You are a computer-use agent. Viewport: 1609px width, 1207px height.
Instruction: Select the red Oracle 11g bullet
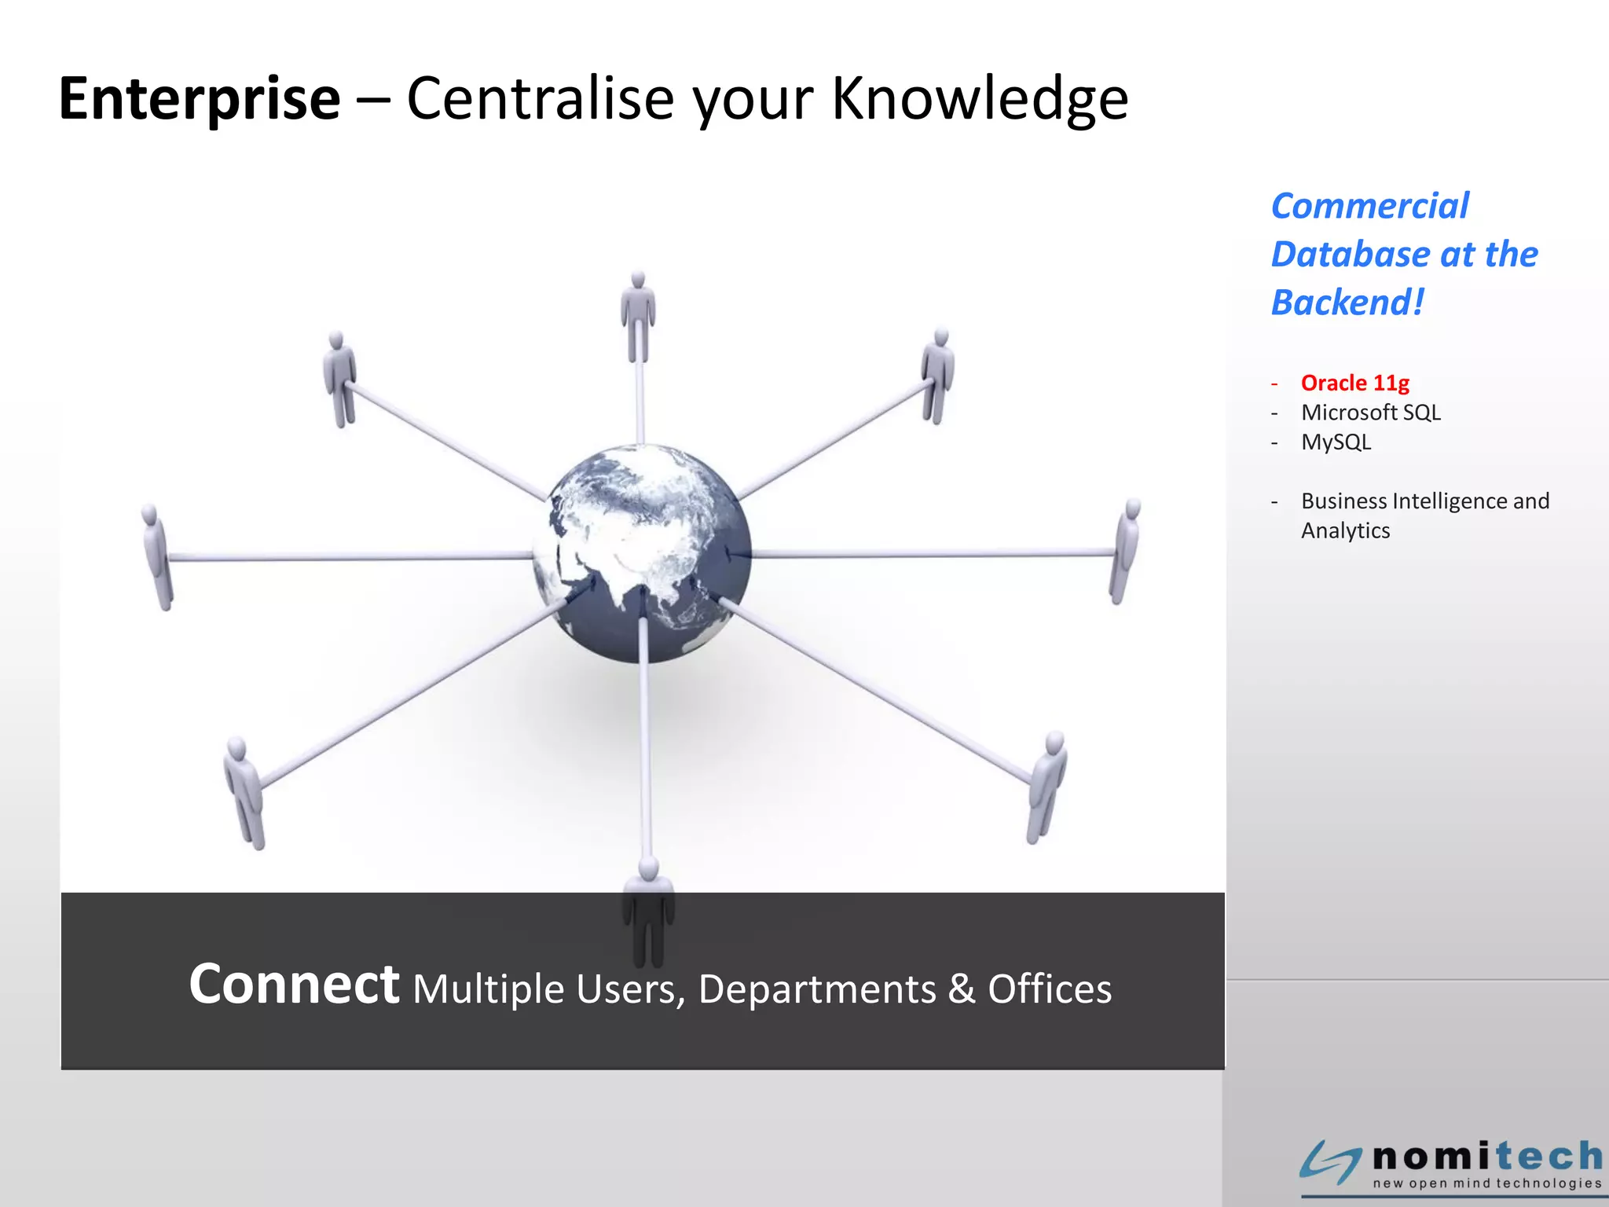[1354, 383]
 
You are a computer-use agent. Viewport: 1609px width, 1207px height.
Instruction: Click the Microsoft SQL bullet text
[1370, 413]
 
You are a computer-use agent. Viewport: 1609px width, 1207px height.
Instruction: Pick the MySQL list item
[1336, 442]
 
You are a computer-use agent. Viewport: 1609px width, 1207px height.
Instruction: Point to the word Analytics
[1345, 531]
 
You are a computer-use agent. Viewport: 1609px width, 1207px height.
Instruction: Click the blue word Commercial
[1369, 207]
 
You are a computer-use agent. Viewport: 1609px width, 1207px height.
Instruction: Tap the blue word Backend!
[1347, 303]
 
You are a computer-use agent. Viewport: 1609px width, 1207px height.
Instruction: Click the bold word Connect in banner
[294, 984]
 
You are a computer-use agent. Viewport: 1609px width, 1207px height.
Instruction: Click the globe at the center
[642, 553]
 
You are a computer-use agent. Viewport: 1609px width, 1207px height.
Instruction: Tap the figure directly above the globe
[638, 317]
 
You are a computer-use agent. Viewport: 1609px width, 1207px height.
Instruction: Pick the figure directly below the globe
[648, 912]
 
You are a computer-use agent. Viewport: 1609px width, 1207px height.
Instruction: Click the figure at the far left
[157, 556]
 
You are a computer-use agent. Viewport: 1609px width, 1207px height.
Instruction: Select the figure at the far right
[1126, 550]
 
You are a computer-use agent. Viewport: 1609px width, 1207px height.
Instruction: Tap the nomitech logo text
[1487, 1156]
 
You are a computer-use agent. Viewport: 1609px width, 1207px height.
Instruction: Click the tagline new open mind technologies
[1486, 1183]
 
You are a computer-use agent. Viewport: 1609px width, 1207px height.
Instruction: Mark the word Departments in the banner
[816, 989]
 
